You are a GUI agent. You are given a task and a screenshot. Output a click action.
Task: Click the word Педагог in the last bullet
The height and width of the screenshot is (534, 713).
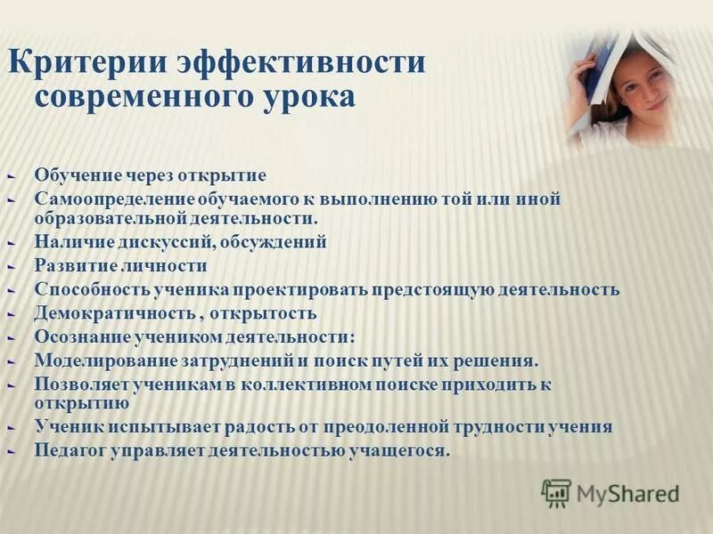73,450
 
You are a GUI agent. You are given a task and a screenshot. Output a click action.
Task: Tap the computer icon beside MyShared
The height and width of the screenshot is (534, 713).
556,492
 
